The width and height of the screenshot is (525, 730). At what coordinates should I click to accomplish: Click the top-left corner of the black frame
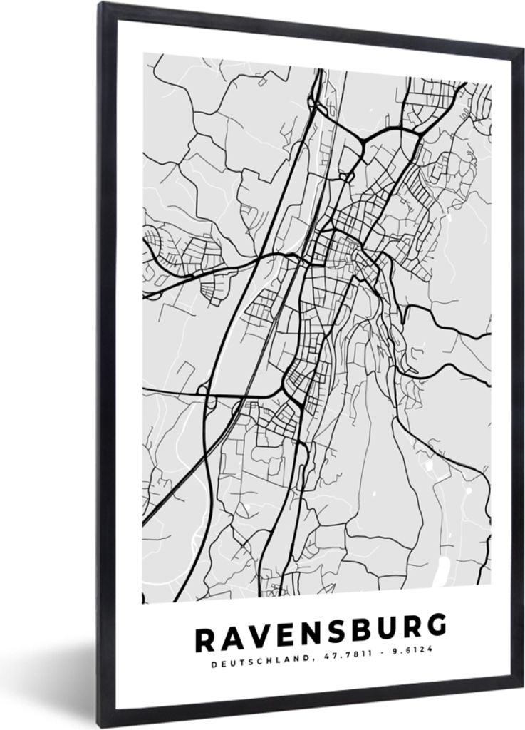(100, 4)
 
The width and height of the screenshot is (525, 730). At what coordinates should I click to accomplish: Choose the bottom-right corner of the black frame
(522, 684)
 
